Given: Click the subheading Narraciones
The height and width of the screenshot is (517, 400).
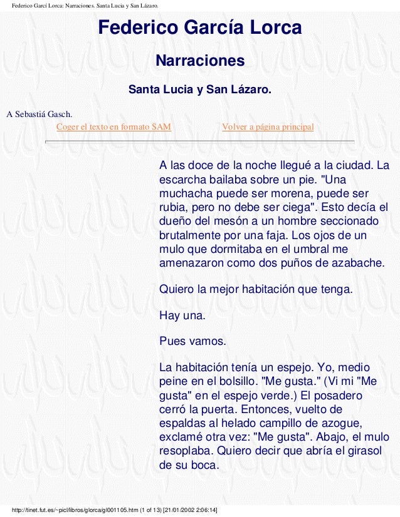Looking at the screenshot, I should point(199,61).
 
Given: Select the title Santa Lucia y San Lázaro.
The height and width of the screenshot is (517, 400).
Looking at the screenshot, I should point(199,90).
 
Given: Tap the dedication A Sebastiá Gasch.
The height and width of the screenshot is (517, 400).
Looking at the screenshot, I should point(39,115).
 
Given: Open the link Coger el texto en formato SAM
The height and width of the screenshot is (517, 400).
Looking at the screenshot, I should point(113,127).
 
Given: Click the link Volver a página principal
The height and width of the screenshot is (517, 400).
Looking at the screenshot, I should point(268,127).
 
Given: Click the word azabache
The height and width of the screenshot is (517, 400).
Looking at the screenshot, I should point(357,262).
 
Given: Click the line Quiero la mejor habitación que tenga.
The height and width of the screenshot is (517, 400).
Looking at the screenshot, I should point(256,290).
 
